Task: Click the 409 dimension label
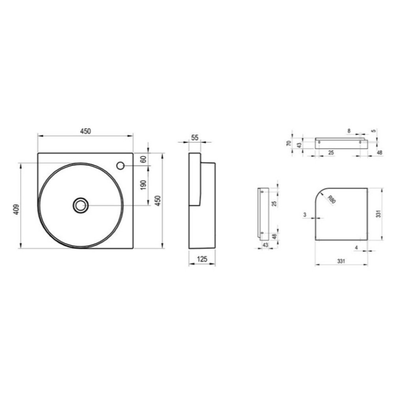[x=16, y=209]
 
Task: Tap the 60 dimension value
[x=143, y=159]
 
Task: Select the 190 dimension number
[x=143, y=185]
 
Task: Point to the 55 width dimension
[x=195, y=137]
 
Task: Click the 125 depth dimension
[x=202, y=259]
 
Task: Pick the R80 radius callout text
[x=332, y=199]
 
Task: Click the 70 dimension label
[x=289, y=143]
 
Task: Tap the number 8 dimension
[x=349, y=131]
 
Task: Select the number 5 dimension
[x=374, y=131]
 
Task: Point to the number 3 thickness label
[x=305, y=214]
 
